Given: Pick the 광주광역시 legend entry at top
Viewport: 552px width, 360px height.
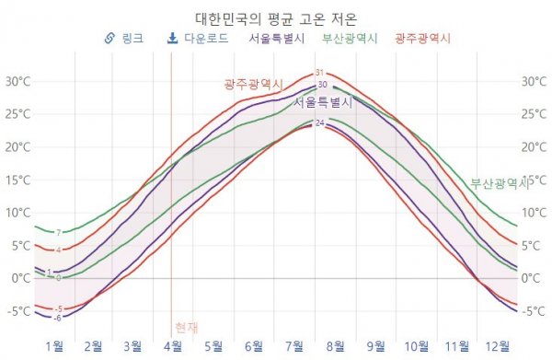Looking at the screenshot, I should pos(423,40).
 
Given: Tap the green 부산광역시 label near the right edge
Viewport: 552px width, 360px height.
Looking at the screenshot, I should pos(500,182).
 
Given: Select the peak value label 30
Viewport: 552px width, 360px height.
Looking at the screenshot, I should pos(322,85).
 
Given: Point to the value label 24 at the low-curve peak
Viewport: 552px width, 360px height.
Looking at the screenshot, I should pos(319,123).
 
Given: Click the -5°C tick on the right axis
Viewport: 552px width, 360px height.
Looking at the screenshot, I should pos(534,311).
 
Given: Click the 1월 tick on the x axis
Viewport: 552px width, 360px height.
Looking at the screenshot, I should pos(53,346).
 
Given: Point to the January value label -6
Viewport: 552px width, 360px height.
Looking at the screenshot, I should pos(57,318).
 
